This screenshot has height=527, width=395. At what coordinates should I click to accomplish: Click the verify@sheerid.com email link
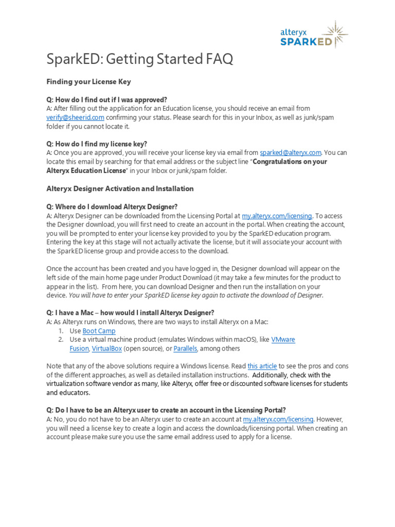pyautogui.click(x=75, y=117)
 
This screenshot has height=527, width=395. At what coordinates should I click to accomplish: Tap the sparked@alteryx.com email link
pyautogui.click(x=291, y=152)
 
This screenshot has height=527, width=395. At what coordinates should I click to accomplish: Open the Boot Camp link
pyautogui.click(x=99, y=331)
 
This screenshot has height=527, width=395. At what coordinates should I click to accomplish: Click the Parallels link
pyautogui.click(x=185, y=348)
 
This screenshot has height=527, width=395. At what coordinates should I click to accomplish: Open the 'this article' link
pyautogui.click(x=262, y=366)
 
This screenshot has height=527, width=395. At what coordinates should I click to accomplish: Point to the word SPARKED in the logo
pyautogui.click(x=306, y=42)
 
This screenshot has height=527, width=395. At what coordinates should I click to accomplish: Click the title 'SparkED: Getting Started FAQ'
pyautogui.click(x=139, y=59)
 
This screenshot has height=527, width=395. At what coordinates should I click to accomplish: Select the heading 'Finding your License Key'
pyautogui.click(x=88, y=81)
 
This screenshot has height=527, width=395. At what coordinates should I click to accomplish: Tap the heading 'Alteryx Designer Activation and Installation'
pyautogui.click(x=120, y=188)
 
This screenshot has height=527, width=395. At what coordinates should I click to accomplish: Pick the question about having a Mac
pyautogui.click(x=130, y=312)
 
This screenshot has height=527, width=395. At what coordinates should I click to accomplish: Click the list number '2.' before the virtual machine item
pyautogui.click(x=61, y=340)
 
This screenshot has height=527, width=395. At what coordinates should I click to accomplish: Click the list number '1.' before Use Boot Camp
pyautogui.click(x=61, y=331)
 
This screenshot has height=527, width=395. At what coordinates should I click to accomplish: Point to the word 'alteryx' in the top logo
pyautogui.click(x=293, y=32)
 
